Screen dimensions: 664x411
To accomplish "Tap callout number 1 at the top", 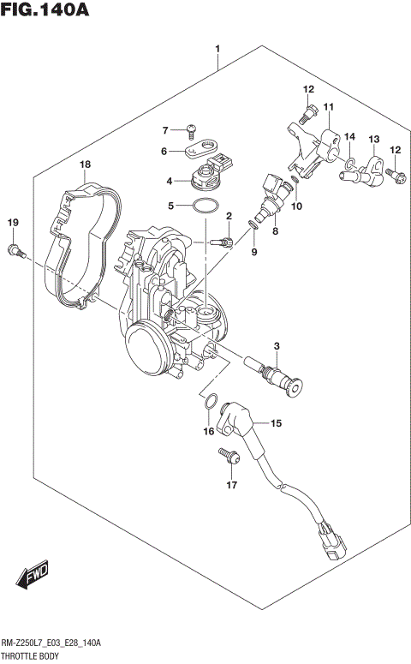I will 218,50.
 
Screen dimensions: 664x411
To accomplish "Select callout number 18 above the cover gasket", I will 85,165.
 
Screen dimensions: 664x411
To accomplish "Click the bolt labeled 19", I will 15,249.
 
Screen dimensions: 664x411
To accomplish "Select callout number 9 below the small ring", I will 253,251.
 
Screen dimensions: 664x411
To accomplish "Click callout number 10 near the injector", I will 297,206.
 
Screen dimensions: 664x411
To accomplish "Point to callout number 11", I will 328,107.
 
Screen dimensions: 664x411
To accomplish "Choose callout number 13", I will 373,140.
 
